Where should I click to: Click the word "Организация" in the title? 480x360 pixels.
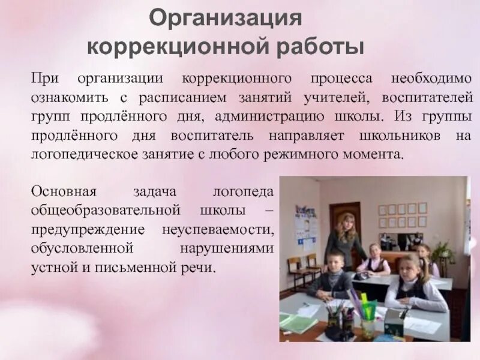tap(225, 19)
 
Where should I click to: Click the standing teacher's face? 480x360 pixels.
tap(347, 221)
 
